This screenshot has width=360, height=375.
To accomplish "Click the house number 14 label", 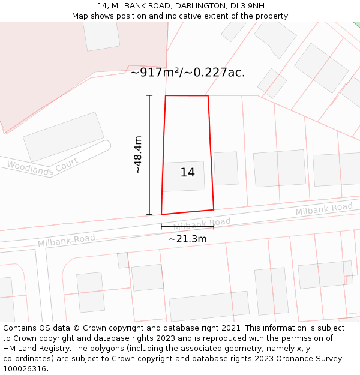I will (187, 173).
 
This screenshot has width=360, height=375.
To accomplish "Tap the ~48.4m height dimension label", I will (137, 155).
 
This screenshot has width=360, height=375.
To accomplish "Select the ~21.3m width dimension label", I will (187, 239).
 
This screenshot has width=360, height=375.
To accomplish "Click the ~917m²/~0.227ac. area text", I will (188, 73).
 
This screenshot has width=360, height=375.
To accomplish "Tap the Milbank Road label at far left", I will (66, 241).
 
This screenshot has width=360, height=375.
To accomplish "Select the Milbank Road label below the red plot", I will (202, 224).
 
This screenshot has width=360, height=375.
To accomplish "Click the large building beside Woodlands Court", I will (64, 136).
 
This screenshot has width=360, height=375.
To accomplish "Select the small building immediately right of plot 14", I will (226, 169).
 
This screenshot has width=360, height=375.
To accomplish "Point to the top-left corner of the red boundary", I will (166, 95).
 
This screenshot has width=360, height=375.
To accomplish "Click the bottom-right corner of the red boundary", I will (214, 209).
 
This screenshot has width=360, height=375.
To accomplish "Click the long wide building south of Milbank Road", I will (209, 306).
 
